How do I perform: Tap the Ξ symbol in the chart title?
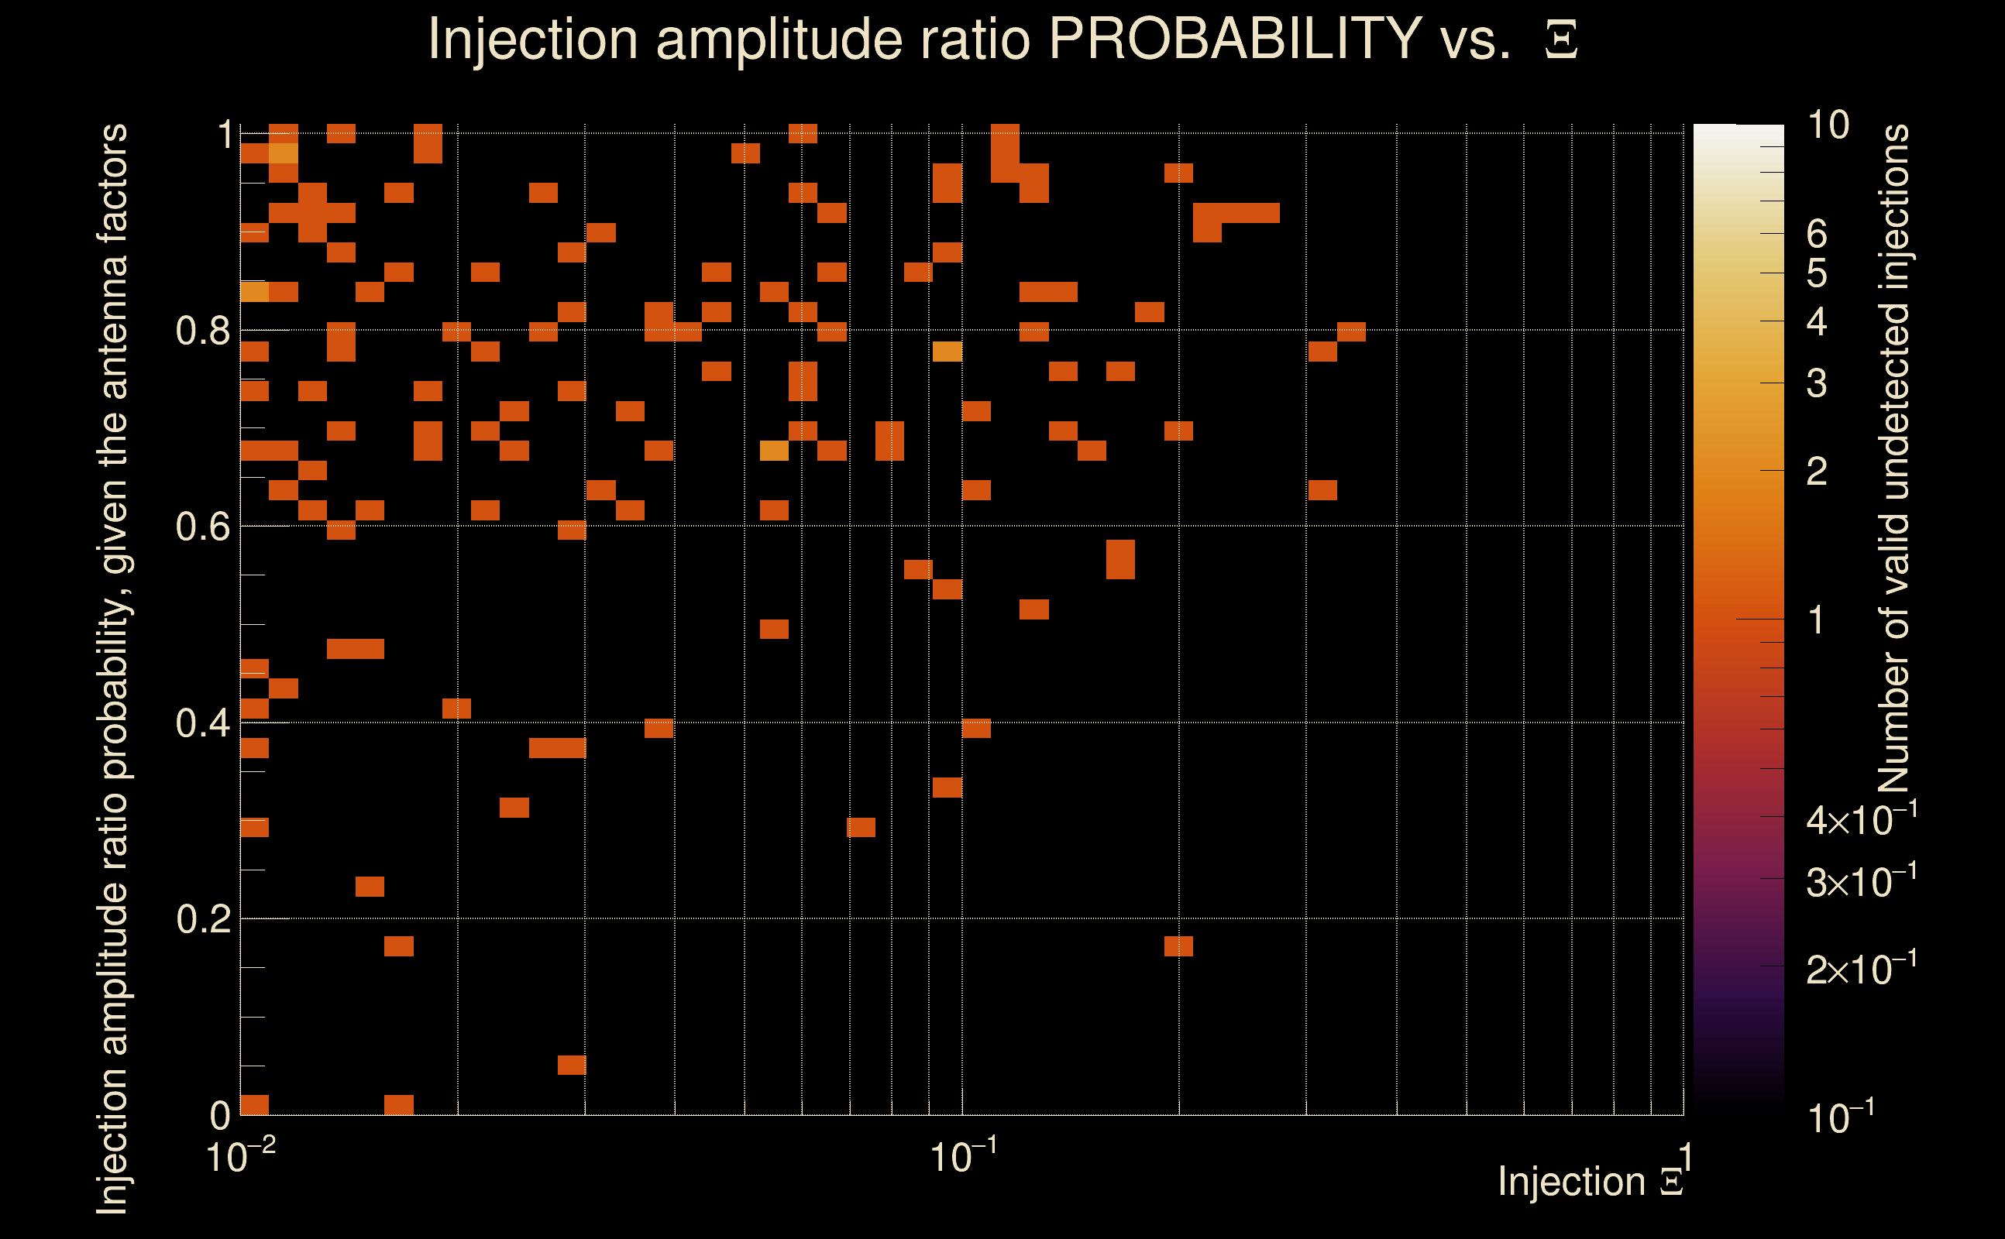(x=1561, y=40)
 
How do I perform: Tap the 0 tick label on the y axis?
(x=221, y=1116)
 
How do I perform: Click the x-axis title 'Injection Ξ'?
(x=1590, y=1182)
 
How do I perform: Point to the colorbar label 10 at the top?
(x=1828, y=125)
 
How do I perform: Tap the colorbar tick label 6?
(x=1817, y=235)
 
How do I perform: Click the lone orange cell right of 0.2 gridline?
(x=1178, y=946)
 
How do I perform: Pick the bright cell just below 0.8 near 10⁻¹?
(x=947, y=352)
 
